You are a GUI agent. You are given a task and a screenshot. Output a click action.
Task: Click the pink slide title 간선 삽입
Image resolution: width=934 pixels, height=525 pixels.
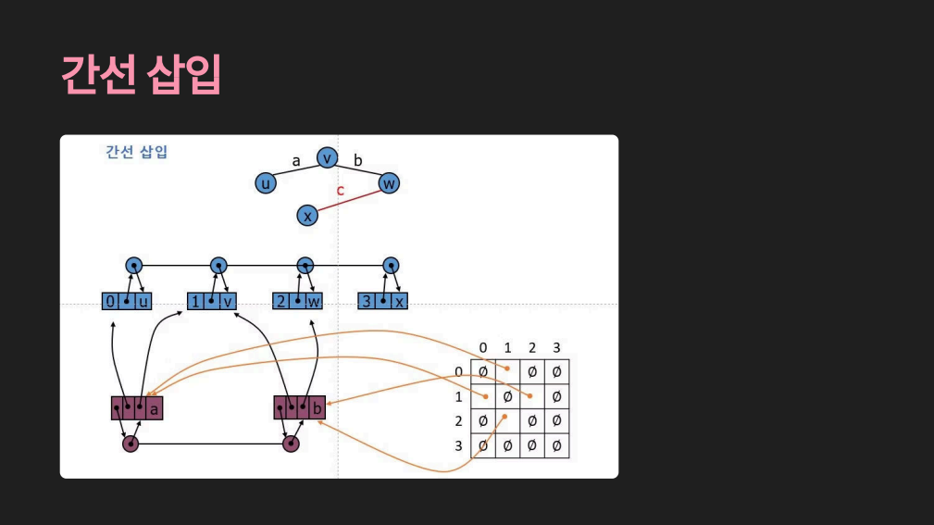coord(141,75)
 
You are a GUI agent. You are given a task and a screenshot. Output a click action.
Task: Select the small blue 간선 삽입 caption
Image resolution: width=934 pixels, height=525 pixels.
coord(136,152)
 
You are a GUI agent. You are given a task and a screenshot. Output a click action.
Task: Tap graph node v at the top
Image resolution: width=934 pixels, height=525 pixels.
coord(327,158)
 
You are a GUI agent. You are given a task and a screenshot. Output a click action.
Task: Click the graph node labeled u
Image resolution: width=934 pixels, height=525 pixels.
coord(266,183)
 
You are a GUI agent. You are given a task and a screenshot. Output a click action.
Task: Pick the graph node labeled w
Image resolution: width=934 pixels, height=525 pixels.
coord(389,183)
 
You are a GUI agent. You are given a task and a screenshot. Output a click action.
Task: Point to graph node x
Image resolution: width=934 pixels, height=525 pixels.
coord(308,216)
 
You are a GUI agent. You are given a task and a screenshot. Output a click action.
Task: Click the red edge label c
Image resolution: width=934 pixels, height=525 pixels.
coord(340,191)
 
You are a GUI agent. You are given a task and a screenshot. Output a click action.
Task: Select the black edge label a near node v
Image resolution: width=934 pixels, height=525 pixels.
coord(296,160)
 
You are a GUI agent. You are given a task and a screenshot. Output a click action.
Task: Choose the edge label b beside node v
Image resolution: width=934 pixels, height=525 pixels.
coord(358,160)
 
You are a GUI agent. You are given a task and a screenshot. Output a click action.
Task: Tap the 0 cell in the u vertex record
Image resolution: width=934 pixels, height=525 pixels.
coord(110,302)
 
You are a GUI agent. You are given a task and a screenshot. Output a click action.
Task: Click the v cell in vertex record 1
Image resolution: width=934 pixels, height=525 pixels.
coord(228,302)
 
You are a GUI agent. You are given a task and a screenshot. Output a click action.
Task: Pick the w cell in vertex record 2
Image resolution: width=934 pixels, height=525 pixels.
coord(315,302)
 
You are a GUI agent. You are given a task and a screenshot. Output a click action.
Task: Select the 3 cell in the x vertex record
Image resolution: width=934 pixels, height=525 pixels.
coord(367,302)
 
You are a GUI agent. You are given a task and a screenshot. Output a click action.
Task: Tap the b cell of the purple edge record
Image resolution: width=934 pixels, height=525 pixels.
coord(317,407)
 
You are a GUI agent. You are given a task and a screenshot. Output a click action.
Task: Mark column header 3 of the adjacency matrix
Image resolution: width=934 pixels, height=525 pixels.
coord(556,347)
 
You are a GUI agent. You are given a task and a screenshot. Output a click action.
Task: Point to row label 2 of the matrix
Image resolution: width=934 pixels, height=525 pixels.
coord(458,421)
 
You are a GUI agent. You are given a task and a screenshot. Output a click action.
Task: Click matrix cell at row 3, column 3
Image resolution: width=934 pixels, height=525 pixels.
coord(556,446)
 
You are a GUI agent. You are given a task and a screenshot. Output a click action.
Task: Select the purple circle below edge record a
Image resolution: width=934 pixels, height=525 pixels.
coord(131,444)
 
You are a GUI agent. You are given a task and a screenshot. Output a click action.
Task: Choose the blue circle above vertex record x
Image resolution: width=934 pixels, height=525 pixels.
coord(391,266)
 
